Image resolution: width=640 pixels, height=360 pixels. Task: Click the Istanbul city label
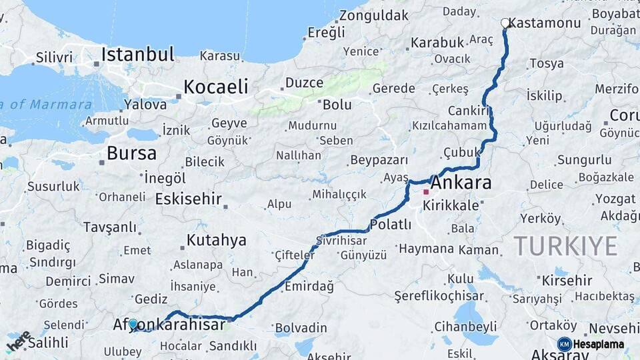137,55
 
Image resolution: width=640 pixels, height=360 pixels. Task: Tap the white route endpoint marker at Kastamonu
505,23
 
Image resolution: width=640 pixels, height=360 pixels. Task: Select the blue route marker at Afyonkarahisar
133,324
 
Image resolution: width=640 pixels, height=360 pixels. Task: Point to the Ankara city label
461,183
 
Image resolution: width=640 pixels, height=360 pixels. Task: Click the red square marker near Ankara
426,192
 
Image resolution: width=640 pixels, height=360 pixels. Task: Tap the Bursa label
131,153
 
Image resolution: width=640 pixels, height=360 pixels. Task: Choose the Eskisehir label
188,199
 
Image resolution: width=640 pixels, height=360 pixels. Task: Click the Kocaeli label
215,87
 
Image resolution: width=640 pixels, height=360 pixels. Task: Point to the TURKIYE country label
565,247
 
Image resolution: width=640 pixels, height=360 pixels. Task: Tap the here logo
18,341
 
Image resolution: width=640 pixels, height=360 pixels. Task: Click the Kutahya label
216,240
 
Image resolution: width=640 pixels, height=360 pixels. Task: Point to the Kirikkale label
451,205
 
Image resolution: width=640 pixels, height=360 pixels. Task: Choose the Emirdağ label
309,285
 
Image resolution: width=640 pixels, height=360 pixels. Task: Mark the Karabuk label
437,43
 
